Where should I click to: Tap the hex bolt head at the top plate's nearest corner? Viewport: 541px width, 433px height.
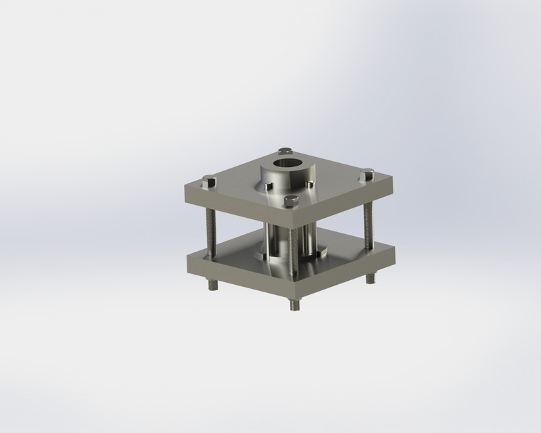(291, 200)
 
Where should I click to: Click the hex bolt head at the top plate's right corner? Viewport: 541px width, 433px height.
(368, 175)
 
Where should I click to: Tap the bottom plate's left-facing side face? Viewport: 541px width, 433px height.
(237, 277)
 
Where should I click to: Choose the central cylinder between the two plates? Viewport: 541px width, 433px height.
(277, 240)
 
